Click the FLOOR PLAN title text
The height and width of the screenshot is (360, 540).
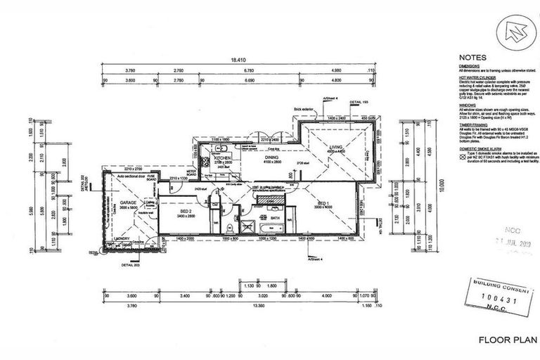[x=504, y=340]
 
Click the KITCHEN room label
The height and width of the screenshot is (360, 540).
[x=223, y=158]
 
